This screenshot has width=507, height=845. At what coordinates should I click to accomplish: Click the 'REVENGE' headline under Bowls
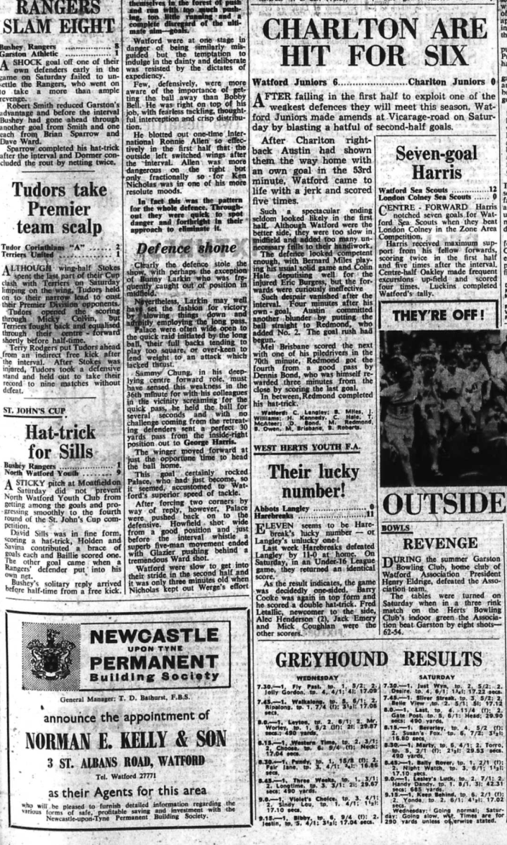440,544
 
